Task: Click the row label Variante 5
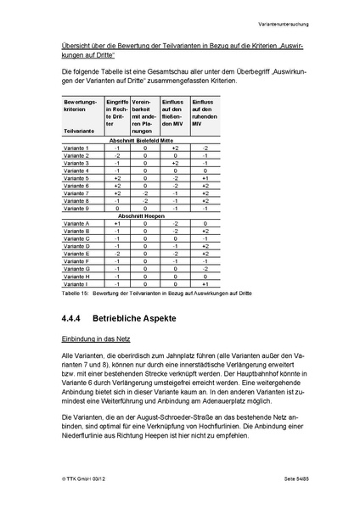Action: [x=76, y=179]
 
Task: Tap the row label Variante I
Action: [x=76, y=283]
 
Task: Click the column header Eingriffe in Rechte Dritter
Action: [x=116, y=116]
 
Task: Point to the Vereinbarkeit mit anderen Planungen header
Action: [x=145, y=116]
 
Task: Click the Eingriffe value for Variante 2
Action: [x=117, y=156]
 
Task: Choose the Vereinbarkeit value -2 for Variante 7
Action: [x=145, y=193]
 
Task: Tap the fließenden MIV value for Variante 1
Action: [x=175, y=148]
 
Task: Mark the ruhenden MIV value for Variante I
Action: [x=205, y=283]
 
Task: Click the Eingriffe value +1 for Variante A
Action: [x=117, y=223]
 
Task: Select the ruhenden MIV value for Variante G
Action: [x=205, y=268]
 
